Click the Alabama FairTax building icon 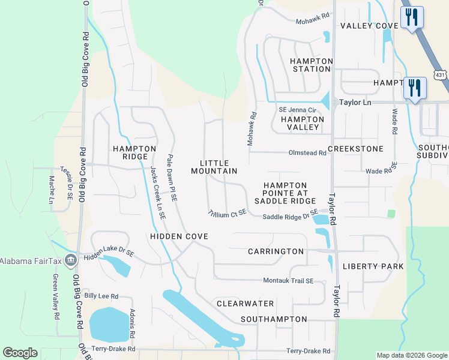[71, 260]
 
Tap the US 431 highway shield [441, 75]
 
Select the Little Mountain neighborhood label [214, 167]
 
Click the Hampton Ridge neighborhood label [131, 152]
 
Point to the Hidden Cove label [179, 236]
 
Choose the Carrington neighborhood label [276, 251]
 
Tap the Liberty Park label [372, 266]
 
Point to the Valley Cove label [369, 26]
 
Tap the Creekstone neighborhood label [355, 148]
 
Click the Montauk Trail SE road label [288, 281]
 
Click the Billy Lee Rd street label [101, 296]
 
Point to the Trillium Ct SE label [228, 212]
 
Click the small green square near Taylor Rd [391, 214]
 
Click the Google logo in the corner [20, 353]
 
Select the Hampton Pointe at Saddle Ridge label [285, 193]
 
